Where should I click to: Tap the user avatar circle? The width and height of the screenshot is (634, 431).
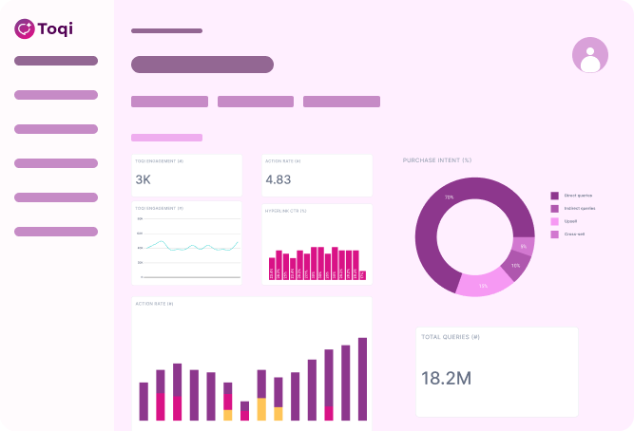click(589, 55)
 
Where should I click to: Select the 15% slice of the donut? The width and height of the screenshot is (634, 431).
click(484, 283)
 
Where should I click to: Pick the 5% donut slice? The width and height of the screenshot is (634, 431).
click(521, 247)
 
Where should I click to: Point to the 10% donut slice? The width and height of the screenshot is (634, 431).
click(513, 267)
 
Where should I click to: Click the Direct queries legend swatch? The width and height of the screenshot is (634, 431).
click(554, 196)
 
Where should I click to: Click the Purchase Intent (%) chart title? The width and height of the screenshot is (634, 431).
click(437, 160)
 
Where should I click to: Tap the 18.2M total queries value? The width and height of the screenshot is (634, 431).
click(447, 378)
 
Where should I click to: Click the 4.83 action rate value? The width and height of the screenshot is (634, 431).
click(279, 179)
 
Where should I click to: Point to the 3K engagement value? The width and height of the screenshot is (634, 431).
click(144, 179)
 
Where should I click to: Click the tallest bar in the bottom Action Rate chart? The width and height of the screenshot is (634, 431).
click(362, 379)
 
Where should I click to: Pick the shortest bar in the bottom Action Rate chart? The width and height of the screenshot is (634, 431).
click(244, 410)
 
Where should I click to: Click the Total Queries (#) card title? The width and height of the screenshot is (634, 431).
click(451, 337)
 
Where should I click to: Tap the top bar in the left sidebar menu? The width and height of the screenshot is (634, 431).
click(56, 61)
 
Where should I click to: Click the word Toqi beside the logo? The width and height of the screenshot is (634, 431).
click(56, 28)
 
